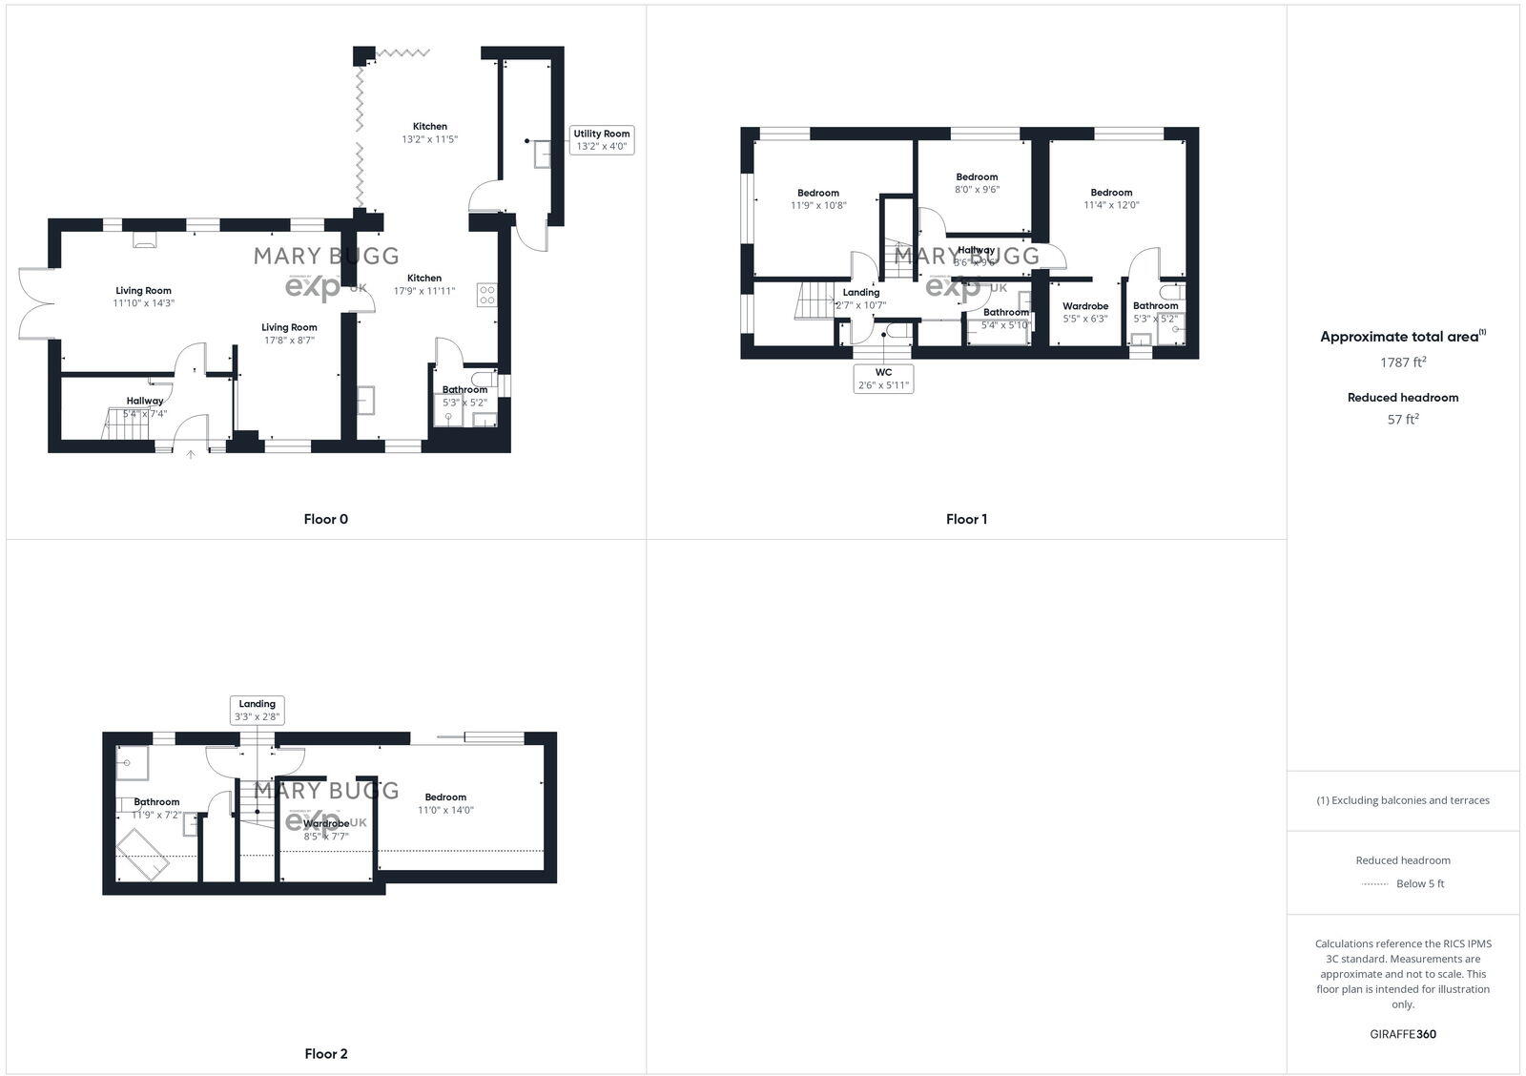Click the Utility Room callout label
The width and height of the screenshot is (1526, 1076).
602,140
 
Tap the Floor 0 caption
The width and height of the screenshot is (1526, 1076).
326,519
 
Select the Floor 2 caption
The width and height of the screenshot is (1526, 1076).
326,1054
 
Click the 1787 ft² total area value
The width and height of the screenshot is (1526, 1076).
1402,362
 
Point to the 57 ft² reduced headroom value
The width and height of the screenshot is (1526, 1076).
1402,419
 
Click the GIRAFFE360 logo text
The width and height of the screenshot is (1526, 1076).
1402,1034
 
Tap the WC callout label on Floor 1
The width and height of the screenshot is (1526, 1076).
883,379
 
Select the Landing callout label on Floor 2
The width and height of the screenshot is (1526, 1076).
257,710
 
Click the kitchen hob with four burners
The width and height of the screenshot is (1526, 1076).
486,295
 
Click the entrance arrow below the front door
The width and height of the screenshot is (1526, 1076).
191,455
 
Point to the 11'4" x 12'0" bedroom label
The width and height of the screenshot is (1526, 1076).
1111,198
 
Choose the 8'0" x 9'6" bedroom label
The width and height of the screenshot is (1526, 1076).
977,183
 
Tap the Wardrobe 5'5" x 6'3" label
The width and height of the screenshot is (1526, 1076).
1085,312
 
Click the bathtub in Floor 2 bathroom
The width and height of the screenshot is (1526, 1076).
143,853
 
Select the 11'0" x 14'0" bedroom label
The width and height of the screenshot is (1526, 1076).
445,803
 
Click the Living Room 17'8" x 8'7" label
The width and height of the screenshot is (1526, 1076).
289,333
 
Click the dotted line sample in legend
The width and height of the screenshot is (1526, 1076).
1374,884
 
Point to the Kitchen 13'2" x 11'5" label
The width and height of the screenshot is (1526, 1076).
429,133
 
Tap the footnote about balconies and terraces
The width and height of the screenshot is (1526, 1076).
1402,800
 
